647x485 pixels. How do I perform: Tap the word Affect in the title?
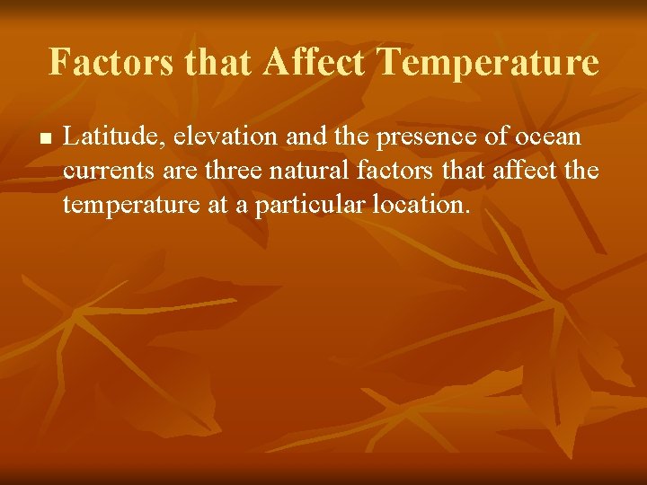pyautogui.click(x=315, y=63)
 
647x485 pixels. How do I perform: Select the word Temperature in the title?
pyautogui.click(x=488, y=63)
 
